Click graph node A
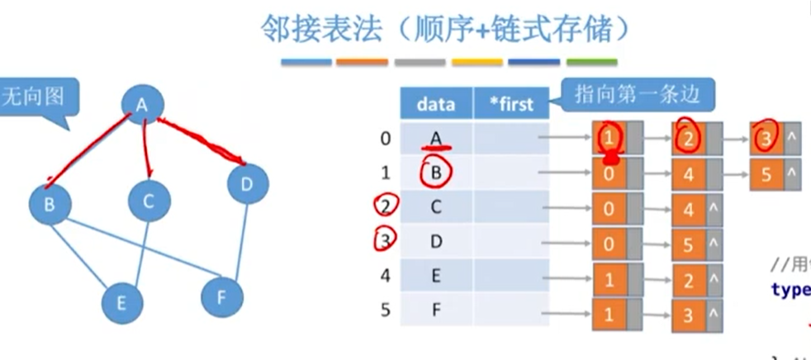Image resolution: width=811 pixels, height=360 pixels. (142, 104)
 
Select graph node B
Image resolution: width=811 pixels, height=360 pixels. (49, 203)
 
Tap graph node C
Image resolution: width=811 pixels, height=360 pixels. (149, 201)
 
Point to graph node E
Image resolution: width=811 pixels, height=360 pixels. (121, 302)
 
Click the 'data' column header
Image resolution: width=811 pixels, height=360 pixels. (436, 103)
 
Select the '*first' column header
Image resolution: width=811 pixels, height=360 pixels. (510, 104)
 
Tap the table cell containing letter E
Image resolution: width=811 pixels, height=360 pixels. (436, 277)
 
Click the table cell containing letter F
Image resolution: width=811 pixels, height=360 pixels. (436, 312)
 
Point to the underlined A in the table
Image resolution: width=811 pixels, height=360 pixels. (436, 139)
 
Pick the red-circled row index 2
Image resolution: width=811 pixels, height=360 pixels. (385, 206)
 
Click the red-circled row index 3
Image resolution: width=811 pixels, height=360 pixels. (385, 241)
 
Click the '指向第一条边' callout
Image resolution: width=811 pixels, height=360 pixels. (637, 94)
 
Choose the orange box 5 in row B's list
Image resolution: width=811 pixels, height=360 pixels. (766, 174)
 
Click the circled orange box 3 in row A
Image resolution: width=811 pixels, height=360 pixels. (766, 139)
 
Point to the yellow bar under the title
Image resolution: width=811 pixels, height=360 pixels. (477, 62)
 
